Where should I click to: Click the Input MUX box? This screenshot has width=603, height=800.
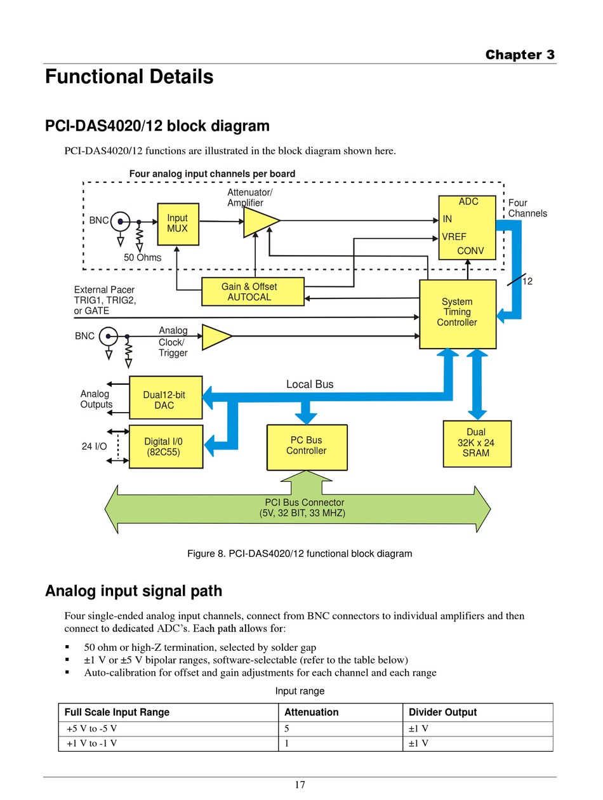coord(177,223)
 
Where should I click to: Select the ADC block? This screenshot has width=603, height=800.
coord(467,227)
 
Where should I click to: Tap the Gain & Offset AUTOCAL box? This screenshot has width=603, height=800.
coord(252,292)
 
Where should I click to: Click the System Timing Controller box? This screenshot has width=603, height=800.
coord(457,313)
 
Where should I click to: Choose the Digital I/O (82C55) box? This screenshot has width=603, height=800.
coord(165,446)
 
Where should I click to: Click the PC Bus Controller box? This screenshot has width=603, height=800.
coord(307,446)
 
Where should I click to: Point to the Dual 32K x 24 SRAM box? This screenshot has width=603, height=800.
coord(476,443)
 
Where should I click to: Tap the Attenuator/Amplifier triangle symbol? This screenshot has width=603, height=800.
coord(260,222)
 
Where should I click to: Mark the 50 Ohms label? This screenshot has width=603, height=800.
coord(143,258)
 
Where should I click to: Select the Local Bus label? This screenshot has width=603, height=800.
coord(310,384)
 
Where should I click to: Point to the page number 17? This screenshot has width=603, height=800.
coord(300,785)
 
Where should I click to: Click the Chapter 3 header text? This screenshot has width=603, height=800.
coord(520,55)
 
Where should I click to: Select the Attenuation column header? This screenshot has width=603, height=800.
coord(312,712)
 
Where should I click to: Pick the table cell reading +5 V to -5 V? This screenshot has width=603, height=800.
coord(92,729)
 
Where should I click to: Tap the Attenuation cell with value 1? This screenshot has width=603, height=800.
coord(288,743)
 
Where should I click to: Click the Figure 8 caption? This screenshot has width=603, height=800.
coord(300,554)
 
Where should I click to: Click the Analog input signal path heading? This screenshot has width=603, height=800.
coord(133,591)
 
